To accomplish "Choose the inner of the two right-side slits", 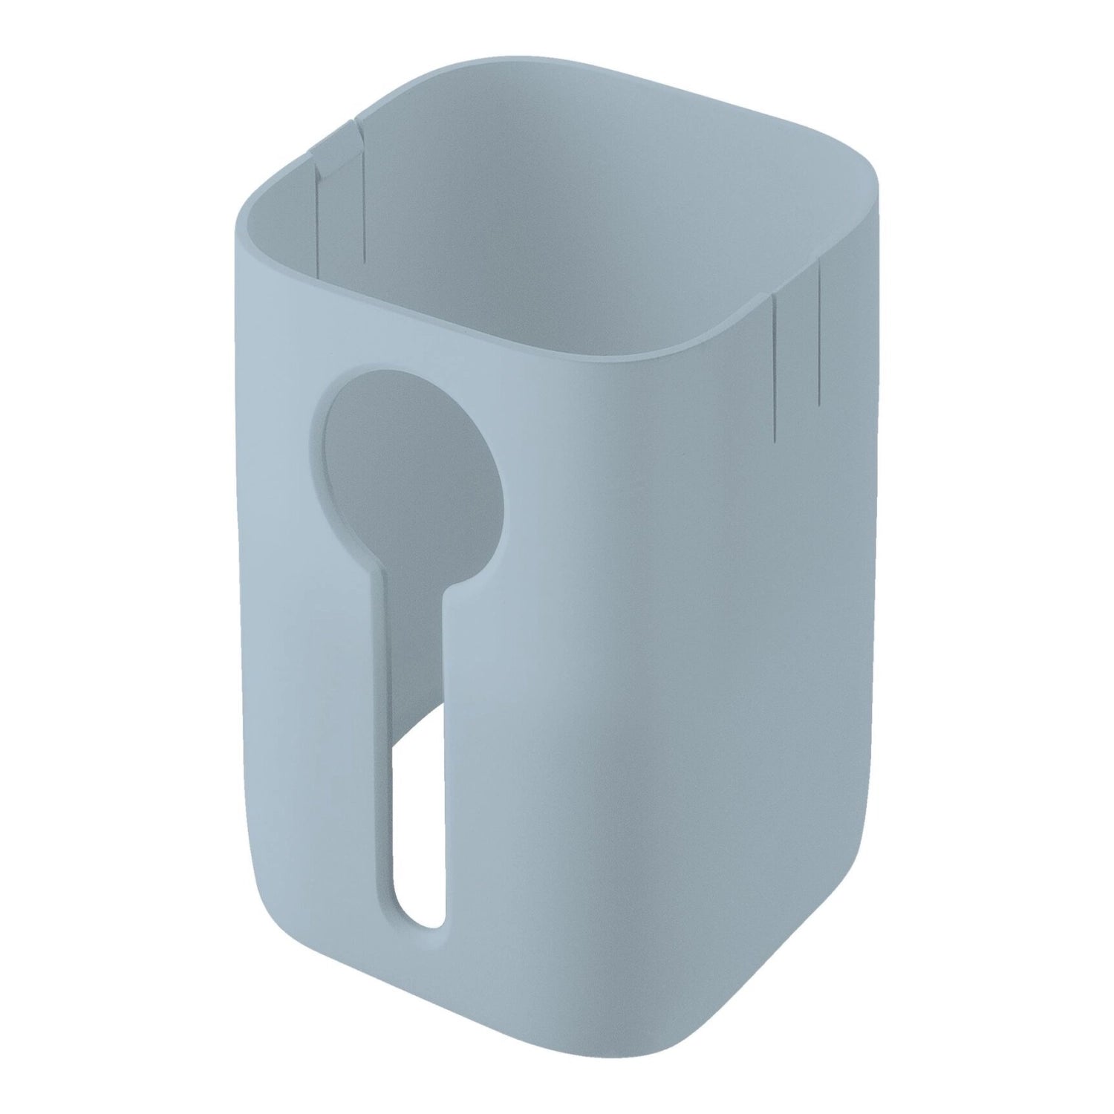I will click(x=775, y=364).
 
